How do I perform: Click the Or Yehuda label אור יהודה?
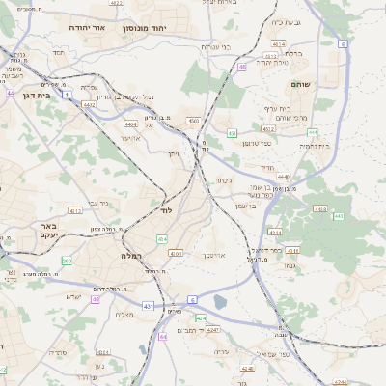(85, 29)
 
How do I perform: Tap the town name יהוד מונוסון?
(146, 29)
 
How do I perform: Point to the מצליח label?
(125, 315)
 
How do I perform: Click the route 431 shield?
(148, 306)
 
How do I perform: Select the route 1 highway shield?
(67, 95)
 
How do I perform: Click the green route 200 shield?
(67, 261)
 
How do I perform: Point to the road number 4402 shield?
(89, 104)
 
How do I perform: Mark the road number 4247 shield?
(213, 329)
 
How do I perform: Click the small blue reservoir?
(220, 302)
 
